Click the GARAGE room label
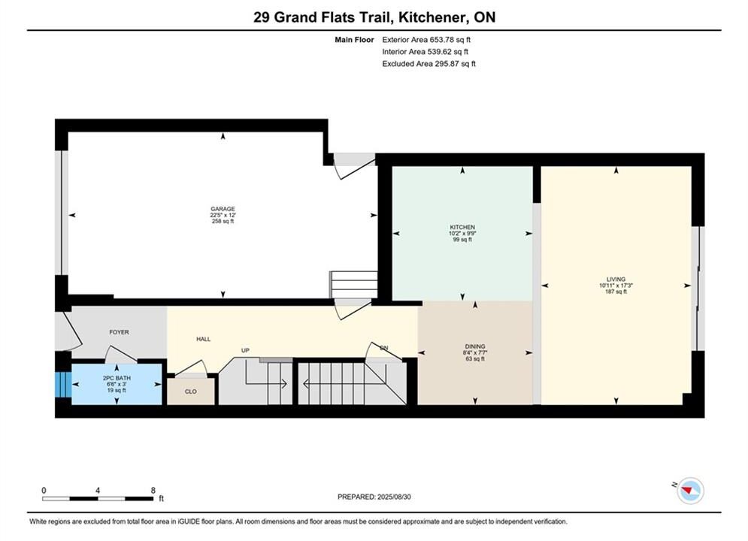coord(223,209)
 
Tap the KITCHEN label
coord(462,228)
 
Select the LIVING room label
coord(616,280)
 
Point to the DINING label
coord(475,346)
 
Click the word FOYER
coord(120,332)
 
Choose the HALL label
coord(203,340)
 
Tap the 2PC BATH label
coord(117,378)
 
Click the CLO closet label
coord(191,391)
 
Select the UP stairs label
coord(245,350)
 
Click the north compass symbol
coord(690,490)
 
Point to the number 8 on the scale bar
coord(153,490)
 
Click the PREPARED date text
coord(374,497)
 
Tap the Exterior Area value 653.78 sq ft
coord(450,40)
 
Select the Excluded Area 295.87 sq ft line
coord(429,64)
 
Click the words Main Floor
coord(354,40)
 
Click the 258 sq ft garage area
coord(223,221)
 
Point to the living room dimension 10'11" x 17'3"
coord(616,286)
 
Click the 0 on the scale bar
coord(44,490)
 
